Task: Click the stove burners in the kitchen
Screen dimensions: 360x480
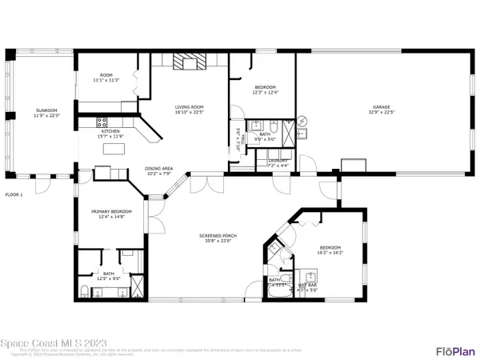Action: coord(102,122)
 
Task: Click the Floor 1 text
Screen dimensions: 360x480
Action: coord(15,194)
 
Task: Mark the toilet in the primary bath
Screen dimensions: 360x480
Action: coord(86,290)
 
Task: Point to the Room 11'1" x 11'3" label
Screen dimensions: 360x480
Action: coord(106,77)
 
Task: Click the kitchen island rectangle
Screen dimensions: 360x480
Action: coord(105,172)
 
